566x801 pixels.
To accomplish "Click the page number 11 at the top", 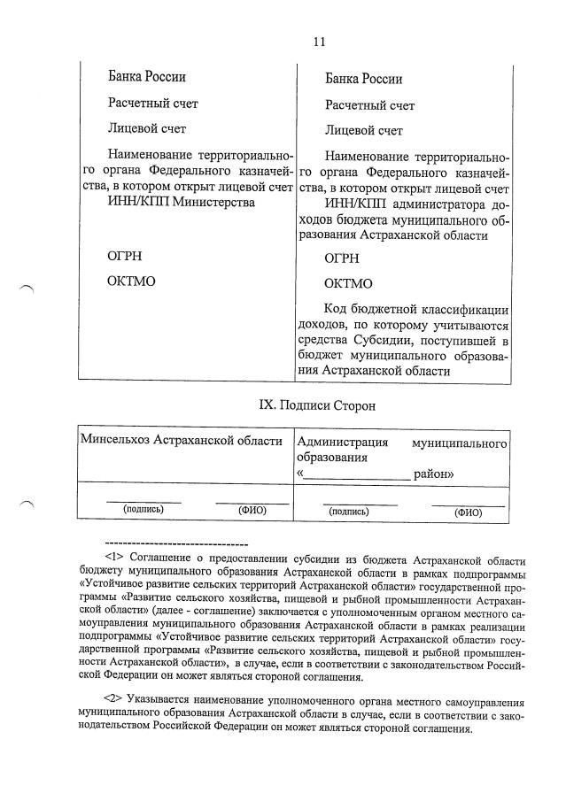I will [319, 41].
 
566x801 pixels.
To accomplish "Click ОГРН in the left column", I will [124, 257].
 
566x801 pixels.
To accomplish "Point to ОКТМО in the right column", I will [348, 284].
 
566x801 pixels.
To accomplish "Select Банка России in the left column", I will [147, 77].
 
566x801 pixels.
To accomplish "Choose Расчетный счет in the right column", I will [369, 105].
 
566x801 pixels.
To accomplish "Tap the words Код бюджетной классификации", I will [415, 310].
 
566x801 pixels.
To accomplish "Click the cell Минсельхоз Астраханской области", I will [181, 441].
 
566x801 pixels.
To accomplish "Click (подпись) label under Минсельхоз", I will [143, 510].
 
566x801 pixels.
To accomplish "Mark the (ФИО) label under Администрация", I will [467, 512].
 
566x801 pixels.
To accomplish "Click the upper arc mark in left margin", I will [26, 288].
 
